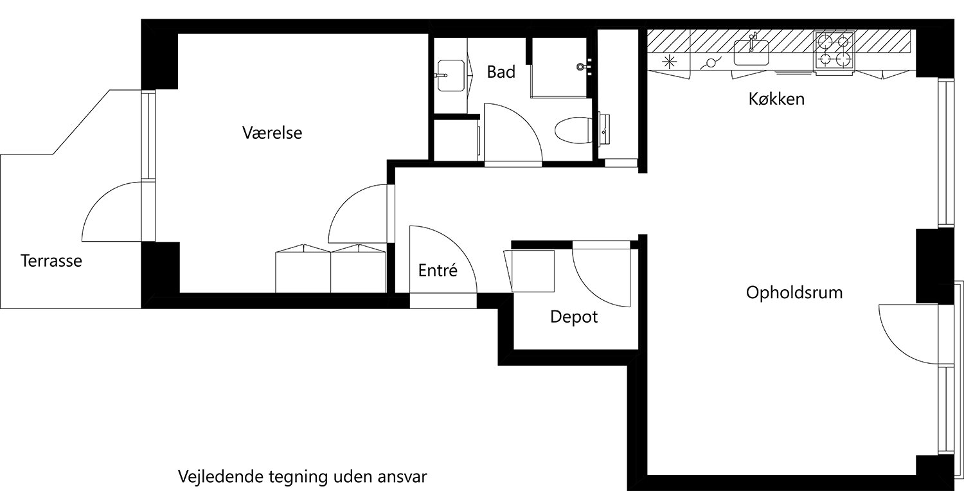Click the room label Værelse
click(272, 133)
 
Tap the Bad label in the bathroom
click(501, 72)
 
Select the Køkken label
click(776, 100)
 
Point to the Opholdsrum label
click(794, 293)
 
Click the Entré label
click(438, 271)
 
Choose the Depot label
click(574, 317)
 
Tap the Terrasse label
click(51, 262)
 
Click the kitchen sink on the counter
click(751, 51)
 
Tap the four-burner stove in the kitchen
click(835, 50)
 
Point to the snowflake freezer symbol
click(669, 62)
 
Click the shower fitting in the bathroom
click(585, 66)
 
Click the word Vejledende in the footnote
click(215, 478)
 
